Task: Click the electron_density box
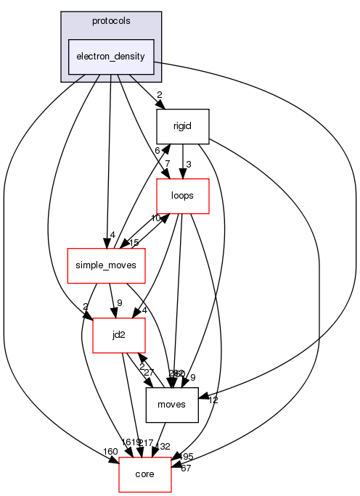pos(110,57)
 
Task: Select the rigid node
pos(183,126)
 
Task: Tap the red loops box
pos(183,196)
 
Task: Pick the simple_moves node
pos(106,266)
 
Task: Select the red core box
pos(145,476)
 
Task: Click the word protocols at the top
pos(110,20)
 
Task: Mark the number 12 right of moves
pos(213,400)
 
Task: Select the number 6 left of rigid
pos(155,150)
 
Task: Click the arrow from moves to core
pos(163,442)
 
